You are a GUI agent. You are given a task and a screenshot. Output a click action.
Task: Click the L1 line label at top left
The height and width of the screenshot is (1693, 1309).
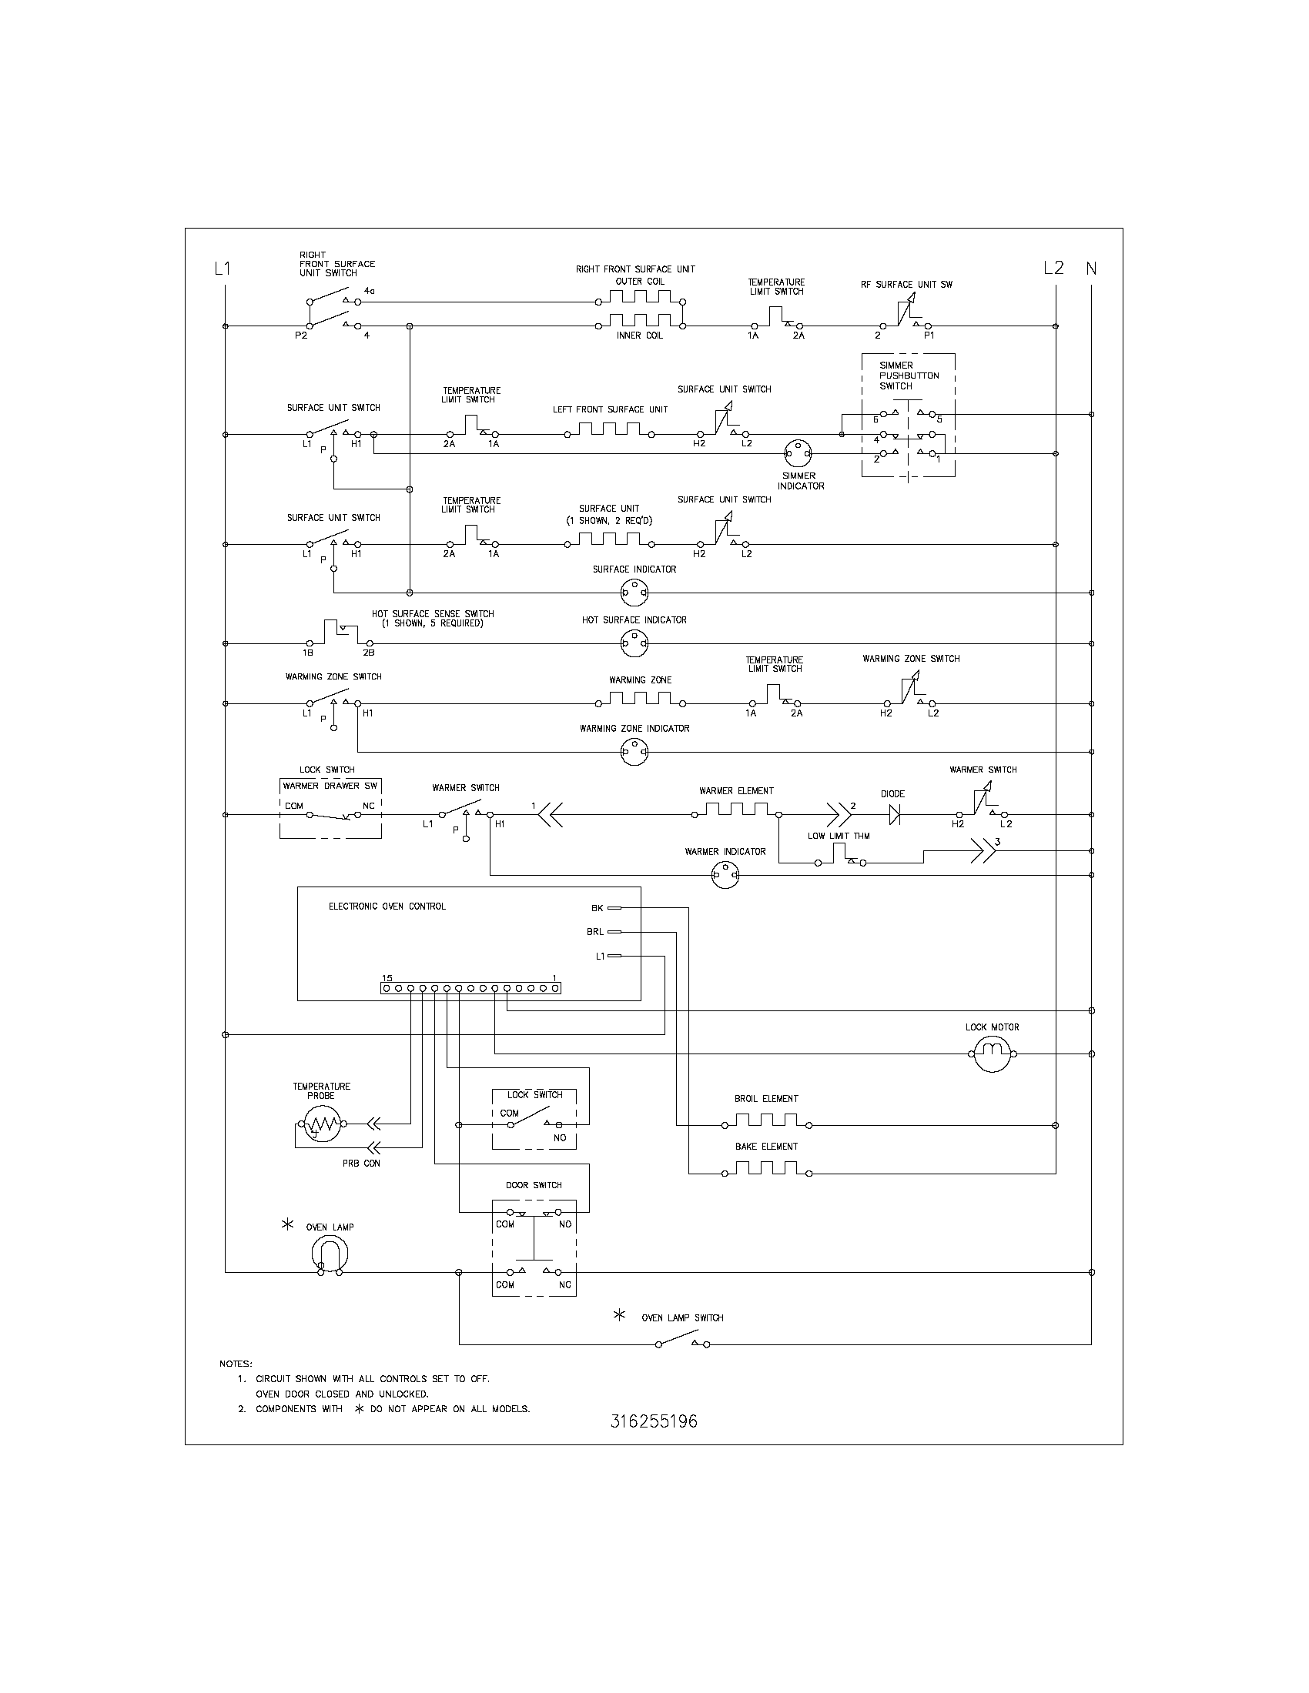point(223,269)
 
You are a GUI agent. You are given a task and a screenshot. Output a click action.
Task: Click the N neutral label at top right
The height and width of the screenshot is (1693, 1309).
point(1091,269)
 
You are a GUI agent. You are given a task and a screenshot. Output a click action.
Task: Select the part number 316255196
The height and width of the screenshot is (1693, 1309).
point(654,1421)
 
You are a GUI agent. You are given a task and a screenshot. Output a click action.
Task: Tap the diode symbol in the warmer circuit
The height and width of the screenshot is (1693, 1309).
point(894,815)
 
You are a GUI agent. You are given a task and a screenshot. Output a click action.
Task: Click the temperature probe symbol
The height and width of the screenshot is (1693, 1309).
point(322,1124)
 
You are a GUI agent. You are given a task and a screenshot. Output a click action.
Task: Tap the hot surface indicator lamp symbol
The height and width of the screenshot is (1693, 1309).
point(634,643)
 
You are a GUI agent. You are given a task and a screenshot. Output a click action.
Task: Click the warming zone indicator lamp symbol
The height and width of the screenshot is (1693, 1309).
point(634,752)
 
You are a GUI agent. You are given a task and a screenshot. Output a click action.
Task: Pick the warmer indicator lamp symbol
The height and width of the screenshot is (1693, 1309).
point(725,876)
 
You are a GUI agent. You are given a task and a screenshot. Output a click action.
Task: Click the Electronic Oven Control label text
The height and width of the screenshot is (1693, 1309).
point(387,907)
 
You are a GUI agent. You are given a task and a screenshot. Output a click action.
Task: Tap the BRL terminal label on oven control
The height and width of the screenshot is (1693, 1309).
point(594,932)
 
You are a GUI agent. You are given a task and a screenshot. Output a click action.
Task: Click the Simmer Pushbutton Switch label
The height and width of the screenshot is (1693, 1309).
point(909,376)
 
